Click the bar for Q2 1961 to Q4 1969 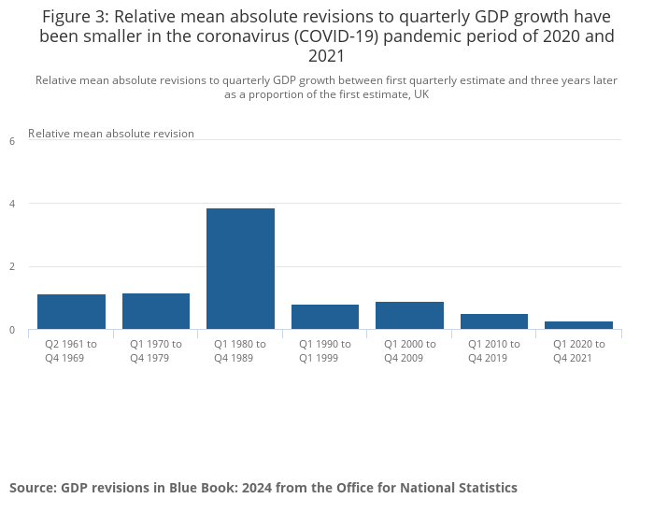[x=71, y=311]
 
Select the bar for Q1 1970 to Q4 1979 [x=156, y=311]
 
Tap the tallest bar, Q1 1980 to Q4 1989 [x=240, y=268]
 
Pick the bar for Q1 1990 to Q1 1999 [x=325, y=317]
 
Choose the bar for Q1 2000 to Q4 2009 [x=409, y=315]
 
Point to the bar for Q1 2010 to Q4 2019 [x=494, y=321]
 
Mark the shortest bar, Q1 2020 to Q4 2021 [x=578, y=325]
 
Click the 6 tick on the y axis [x=12, y=141]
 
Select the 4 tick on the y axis [x=12, y=204]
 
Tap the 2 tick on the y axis [x=12, y=267]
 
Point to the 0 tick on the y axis [x=12, y=330]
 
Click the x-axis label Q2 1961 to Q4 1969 [x=71, y=350]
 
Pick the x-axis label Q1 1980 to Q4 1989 [x=240, y=350]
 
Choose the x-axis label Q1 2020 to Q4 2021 [x=578, y=350]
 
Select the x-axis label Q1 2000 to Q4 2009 [x=409, y=350]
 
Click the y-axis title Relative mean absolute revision [x=111, y=134]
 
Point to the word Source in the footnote [x=34, y=488]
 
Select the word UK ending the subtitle [x=419, y=94]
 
